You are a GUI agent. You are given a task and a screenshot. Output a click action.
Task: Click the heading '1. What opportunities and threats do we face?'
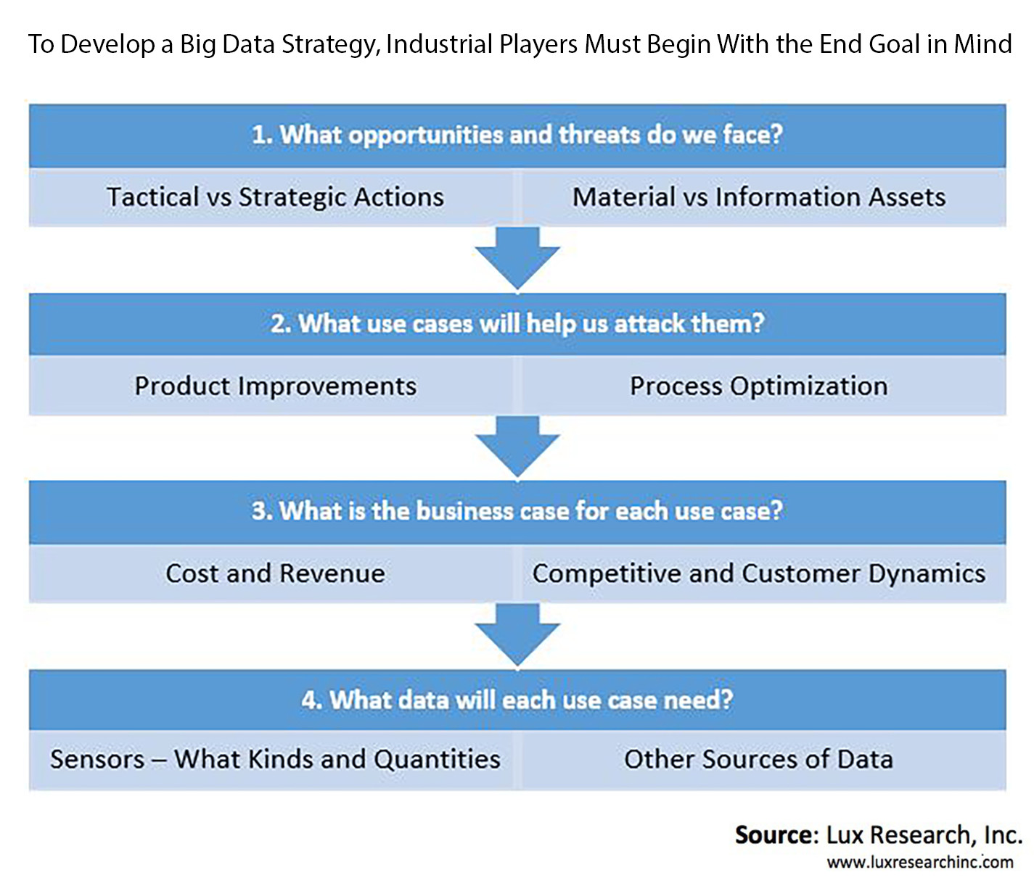pos(517,135)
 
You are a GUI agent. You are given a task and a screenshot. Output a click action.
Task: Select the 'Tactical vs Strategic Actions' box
pos(271,197)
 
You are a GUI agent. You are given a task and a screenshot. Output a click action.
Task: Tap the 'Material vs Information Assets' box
pos(764,197)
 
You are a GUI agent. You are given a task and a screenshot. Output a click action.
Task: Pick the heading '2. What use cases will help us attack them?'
pos(517,324)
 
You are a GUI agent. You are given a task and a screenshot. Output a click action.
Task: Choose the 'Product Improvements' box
pos(271,386)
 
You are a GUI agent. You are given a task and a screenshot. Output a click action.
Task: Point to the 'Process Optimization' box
pos(764,386)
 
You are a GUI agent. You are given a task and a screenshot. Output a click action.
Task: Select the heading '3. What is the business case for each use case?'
pos(517,511)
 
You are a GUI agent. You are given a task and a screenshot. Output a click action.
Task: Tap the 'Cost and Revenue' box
pos(271,573)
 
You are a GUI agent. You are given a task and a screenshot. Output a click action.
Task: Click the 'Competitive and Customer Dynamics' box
pos(764,573)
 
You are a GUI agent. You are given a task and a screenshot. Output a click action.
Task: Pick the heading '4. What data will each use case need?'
pos(517,700)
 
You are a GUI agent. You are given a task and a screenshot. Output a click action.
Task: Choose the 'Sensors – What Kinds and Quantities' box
pos(271,760)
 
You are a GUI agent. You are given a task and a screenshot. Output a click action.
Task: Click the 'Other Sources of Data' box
pos(764,760)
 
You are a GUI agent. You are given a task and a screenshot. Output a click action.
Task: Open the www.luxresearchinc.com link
pos(920,862)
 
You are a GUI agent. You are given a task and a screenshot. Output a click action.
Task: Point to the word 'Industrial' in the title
pos(440,44)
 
